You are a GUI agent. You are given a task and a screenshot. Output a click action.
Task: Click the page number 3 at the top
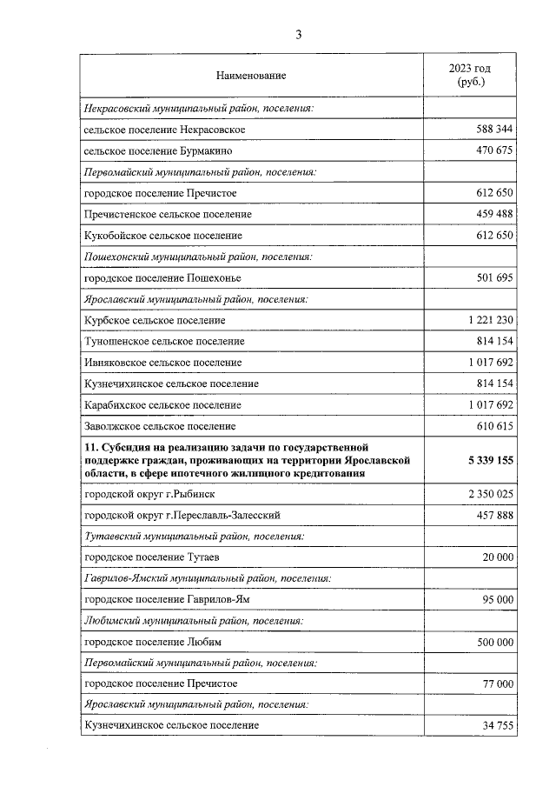299,35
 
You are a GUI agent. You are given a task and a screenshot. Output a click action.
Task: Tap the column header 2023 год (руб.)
469,76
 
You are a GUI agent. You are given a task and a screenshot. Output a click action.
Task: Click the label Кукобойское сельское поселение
162,236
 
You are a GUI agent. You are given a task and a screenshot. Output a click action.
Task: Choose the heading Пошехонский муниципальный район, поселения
197,257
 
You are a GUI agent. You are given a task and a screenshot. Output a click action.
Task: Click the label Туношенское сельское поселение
164,342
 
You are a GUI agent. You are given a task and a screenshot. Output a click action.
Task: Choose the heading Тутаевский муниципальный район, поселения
193,537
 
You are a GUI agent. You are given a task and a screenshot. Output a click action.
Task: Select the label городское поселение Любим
153,642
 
